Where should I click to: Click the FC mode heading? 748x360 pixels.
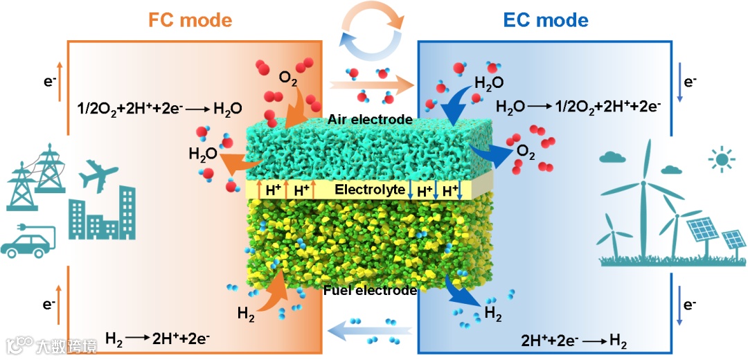[x=190, y=19]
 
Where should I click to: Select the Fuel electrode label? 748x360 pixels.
[x=370, y=290]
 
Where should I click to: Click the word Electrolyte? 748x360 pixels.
[x=369, y=189]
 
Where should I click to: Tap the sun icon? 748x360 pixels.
[x=723, y=161]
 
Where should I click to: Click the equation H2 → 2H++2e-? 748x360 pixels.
[x=157, y=339]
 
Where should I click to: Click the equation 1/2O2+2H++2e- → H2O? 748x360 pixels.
[x=160, y=109]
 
